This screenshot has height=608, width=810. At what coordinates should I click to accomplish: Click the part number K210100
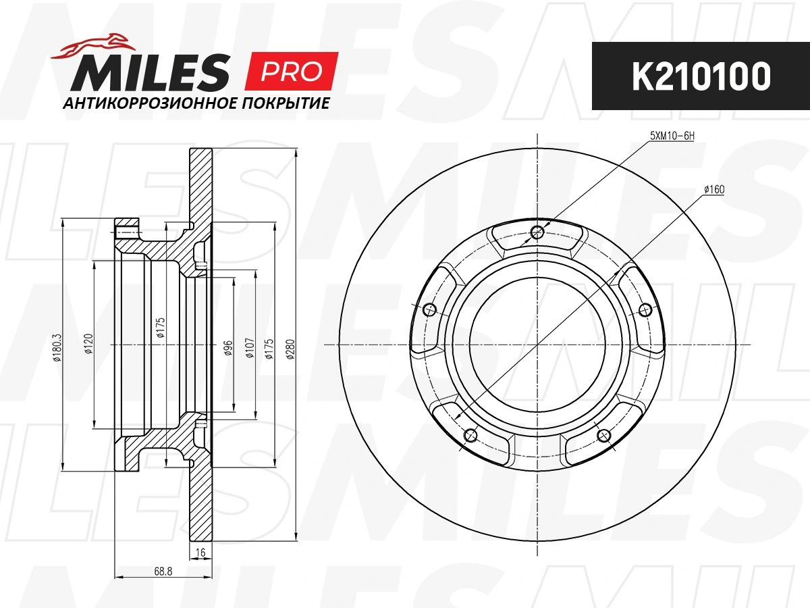[701, 76]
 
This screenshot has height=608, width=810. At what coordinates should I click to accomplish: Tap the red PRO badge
[292, 71]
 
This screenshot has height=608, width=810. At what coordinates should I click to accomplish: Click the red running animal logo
[94, 46]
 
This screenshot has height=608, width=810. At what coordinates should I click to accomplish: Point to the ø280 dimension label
[291, 349]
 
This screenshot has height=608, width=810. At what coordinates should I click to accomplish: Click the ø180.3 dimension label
[57, 347]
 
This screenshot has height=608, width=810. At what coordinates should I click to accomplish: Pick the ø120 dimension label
[89, 344]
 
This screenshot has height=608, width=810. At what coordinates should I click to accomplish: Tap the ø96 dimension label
[228, 348]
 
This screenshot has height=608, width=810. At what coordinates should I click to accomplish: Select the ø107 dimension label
[250, 348]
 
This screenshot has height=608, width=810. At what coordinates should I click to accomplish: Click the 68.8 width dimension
[163, 572]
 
